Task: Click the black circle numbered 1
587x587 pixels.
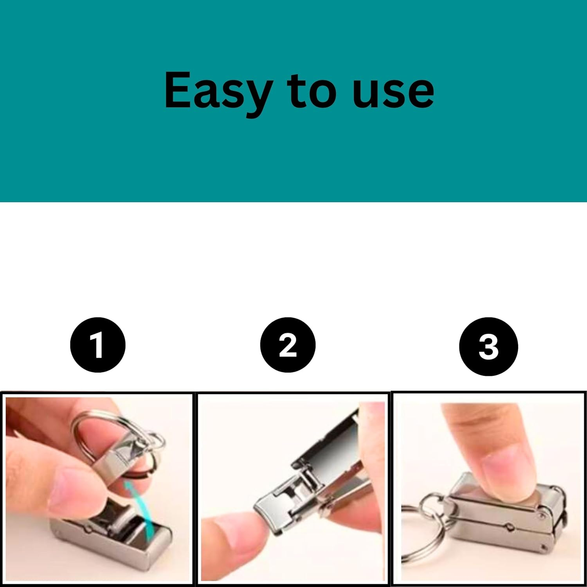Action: (x=97, y=345)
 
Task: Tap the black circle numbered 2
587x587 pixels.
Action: (x=288, y=345)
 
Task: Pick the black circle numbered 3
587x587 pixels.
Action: (x=488, y=346)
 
